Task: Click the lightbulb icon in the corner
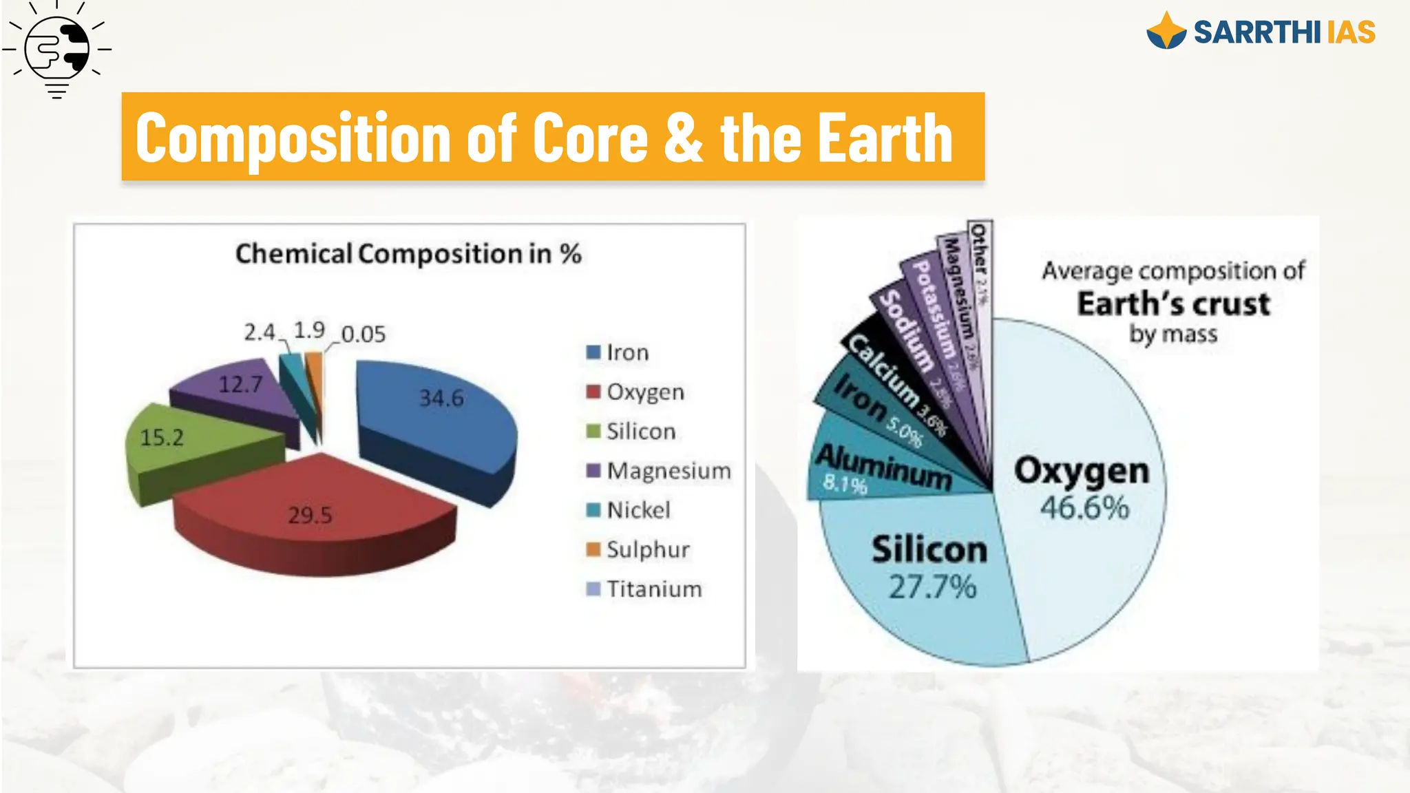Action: point(57,50)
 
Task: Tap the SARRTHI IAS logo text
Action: point(1283,32)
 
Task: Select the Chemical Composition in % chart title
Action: point(408,254)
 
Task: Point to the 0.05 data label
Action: point(364,335)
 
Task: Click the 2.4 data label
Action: point(259,332)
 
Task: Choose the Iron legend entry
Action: point(618,352)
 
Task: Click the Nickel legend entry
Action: point(629,510)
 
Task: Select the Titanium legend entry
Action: point(644,589)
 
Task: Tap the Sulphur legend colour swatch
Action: point(593,549)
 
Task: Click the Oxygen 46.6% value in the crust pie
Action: point(1084,508)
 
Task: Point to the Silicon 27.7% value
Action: point(932,587)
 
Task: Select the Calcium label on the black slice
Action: point(884,371)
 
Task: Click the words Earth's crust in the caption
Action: point(1173,304)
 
